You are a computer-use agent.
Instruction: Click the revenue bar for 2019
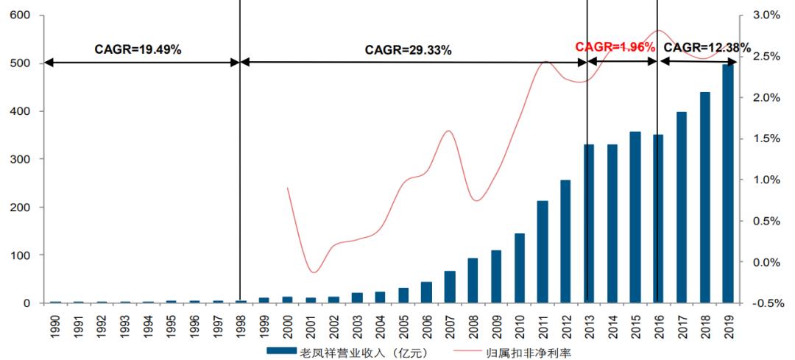coord(728,184)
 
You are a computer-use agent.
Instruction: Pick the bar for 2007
coord(450,287)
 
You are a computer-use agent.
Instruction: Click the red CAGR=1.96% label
coord(615,47)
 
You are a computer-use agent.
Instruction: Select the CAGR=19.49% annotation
coord(138,49)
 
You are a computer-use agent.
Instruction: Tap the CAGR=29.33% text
coord(409,49)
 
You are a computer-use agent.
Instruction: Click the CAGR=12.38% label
coord(707,48)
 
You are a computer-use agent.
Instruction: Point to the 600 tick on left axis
coord(21,15)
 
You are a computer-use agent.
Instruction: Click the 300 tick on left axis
coord(21,159)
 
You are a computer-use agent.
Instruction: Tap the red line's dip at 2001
coord(311,272)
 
